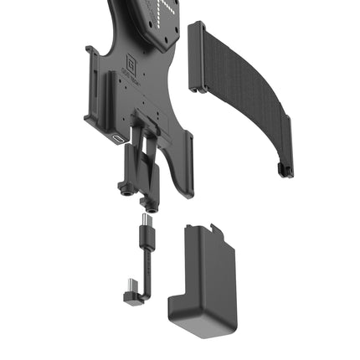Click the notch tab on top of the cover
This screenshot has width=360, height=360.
215,227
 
